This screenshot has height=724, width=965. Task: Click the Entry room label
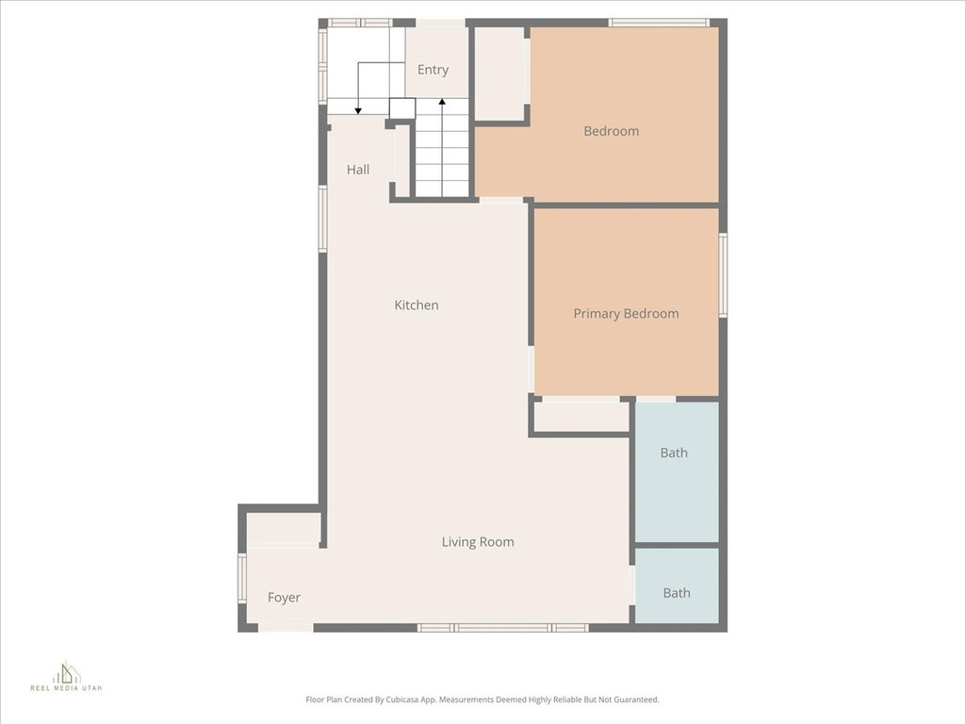(433, 70)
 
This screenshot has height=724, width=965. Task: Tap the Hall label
(358, 170)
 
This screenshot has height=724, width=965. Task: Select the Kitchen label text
(417, 305)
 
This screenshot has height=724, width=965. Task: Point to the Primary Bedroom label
(626, 314)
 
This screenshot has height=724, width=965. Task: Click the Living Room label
(478, 542)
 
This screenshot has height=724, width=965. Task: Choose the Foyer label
(284, 598)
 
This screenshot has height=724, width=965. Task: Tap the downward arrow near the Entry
(358, 108)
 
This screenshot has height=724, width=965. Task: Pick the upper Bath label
(674, 452)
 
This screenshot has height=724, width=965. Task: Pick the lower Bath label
(677, 593)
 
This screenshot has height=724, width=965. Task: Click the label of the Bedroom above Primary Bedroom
(612, 131)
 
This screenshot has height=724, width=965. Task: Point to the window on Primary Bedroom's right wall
(723, 274)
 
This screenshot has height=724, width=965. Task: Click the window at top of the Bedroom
(659, 23)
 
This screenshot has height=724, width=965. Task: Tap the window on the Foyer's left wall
(242, 578)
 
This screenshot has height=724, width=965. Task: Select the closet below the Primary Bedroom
(581, 417)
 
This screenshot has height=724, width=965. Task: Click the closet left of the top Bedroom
(499, 74)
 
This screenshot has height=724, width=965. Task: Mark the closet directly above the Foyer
(283, 528)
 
